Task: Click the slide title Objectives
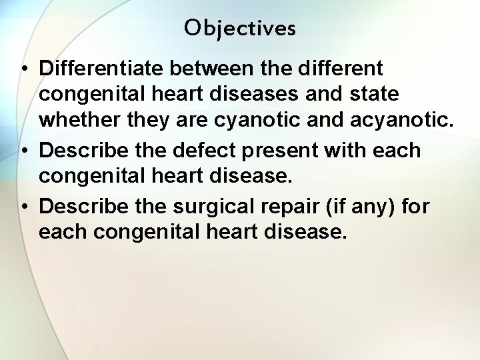point(240,28)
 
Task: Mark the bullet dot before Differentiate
point(24,69)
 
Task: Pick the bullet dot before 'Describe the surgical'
point(24,207)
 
